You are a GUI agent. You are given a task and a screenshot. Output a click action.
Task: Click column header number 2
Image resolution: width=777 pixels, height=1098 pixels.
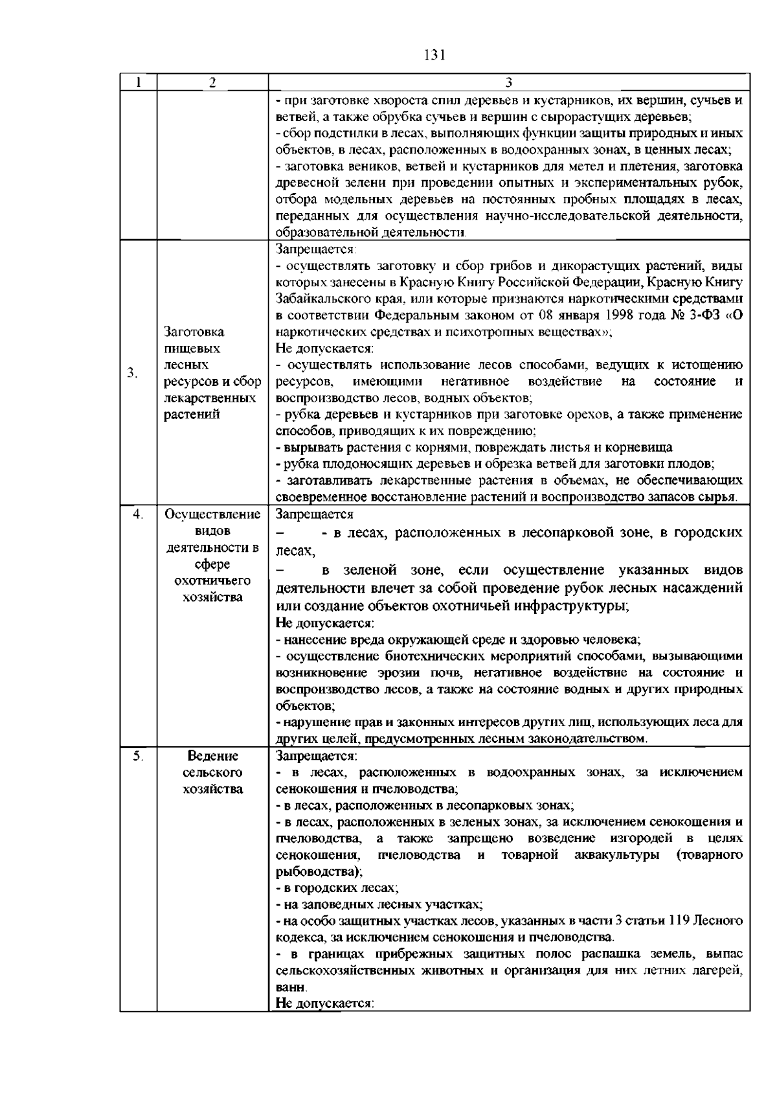pos(212,82)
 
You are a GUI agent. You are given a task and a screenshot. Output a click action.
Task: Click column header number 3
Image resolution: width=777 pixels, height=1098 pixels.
pos(509,82)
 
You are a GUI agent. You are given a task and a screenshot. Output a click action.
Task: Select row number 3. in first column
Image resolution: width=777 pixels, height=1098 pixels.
pos(132,373)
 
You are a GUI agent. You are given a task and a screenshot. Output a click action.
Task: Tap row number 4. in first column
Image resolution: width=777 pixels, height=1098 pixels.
pos(137,514)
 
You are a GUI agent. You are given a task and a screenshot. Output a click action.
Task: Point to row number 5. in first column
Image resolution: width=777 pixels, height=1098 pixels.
pos(137,756)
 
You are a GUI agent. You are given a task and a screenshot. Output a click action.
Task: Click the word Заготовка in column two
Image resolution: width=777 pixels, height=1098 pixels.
pos(194,332)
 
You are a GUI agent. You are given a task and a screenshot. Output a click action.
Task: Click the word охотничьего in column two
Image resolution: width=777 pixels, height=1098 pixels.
pos(212,581)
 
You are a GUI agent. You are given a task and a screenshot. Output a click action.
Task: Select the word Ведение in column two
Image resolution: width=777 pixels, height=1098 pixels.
pos(212,756)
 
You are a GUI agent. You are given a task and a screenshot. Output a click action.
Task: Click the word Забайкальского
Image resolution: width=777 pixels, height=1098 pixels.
pos(319,299)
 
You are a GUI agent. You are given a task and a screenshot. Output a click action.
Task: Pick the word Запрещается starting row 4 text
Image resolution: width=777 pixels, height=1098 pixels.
pos(315,514)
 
